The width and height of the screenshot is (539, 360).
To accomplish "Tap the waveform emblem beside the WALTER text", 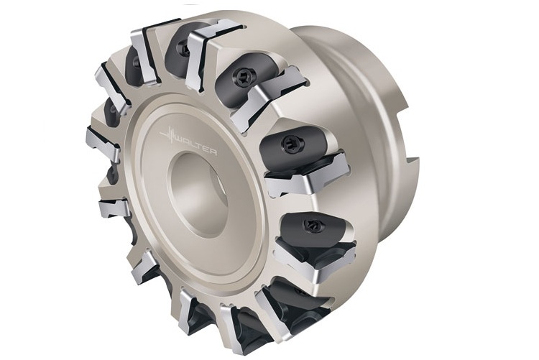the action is point(168,135).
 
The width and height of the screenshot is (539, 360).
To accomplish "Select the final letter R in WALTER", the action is point(213,152).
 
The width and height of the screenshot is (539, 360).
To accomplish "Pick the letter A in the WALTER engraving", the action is point(187,142).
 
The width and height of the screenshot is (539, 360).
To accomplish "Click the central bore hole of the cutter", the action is point(198,195).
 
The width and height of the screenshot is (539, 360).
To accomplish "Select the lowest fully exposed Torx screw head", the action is point(312,225).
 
